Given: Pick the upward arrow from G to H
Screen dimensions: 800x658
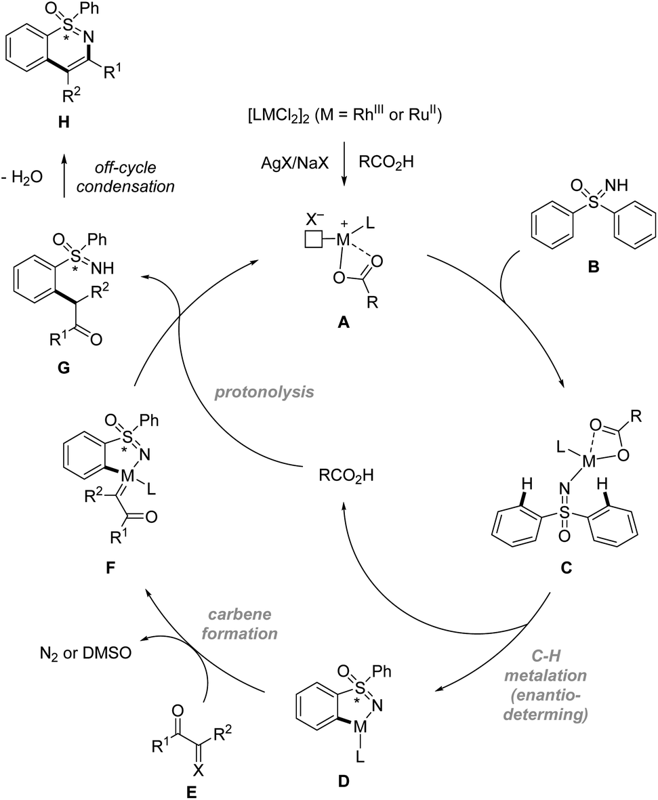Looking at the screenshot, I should click(65, 177).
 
